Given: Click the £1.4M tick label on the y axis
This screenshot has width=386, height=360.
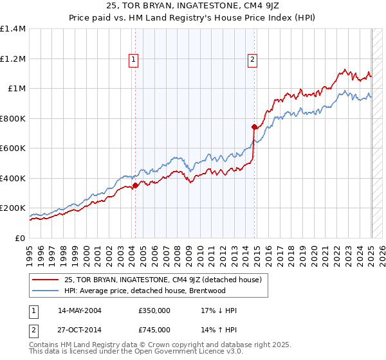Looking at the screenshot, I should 13,29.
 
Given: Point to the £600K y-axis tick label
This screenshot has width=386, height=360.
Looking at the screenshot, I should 13,148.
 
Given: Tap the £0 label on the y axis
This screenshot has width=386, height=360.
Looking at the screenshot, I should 20,238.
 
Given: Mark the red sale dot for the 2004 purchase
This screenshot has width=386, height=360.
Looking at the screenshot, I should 135,186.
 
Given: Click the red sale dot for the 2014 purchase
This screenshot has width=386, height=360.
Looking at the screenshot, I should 254,127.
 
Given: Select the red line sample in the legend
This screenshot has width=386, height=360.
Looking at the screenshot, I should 46,280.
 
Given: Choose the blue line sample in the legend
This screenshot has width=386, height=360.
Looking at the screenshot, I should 46,291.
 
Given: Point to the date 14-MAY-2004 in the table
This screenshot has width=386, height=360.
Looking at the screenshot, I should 79,310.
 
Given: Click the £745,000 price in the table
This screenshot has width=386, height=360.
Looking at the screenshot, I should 154,330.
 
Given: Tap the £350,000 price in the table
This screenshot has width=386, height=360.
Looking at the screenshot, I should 154,310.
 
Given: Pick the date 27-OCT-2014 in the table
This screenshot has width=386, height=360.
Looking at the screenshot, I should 79,330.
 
